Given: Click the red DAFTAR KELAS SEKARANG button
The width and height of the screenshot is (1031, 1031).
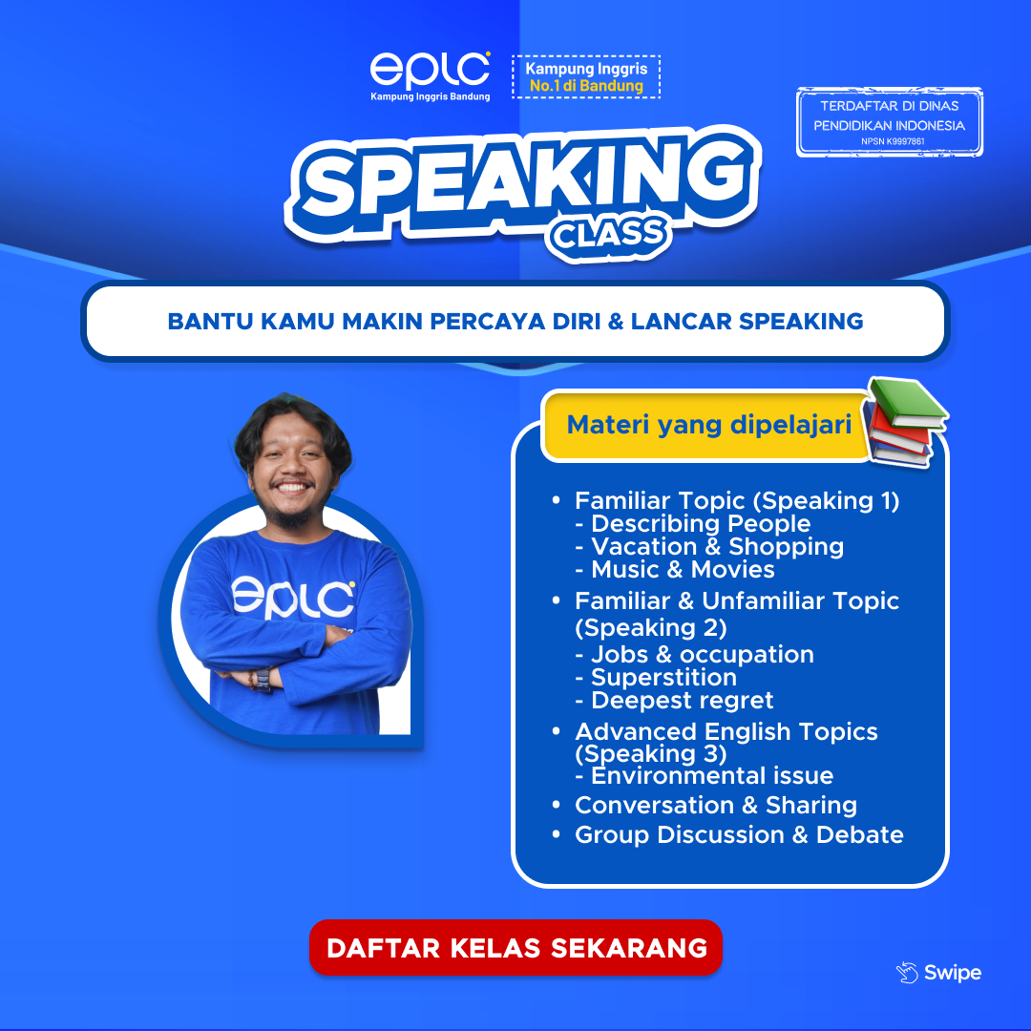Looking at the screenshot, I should coord(515,948).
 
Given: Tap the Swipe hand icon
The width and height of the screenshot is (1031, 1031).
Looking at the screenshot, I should coord(906,973).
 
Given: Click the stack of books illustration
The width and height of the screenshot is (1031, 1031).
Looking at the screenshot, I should coord(906,421).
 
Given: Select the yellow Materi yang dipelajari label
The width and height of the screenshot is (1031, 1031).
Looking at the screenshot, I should coord(708,425).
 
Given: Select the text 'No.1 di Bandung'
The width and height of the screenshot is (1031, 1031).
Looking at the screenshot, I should coord(586,86).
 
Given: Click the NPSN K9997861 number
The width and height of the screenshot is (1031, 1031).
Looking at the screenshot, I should coord(889,141).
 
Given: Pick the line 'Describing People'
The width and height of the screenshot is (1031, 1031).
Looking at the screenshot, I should coord(700,524).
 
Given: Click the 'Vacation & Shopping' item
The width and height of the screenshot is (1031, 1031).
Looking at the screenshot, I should coord(717,547).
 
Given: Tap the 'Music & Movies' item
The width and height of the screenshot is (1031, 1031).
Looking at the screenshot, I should coord(683,570).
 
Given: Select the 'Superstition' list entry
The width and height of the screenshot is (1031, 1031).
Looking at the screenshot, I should coord(663,678).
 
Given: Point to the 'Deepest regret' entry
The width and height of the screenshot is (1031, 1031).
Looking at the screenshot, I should coord(682,701).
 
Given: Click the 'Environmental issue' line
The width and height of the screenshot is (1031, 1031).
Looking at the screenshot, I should coord(711,775).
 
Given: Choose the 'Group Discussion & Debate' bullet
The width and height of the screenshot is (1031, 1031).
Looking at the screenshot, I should coord(738,834).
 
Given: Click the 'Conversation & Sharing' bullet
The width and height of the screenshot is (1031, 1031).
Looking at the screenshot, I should coord(715,805).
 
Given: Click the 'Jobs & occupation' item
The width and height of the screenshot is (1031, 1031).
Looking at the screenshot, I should coord(702,655).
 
